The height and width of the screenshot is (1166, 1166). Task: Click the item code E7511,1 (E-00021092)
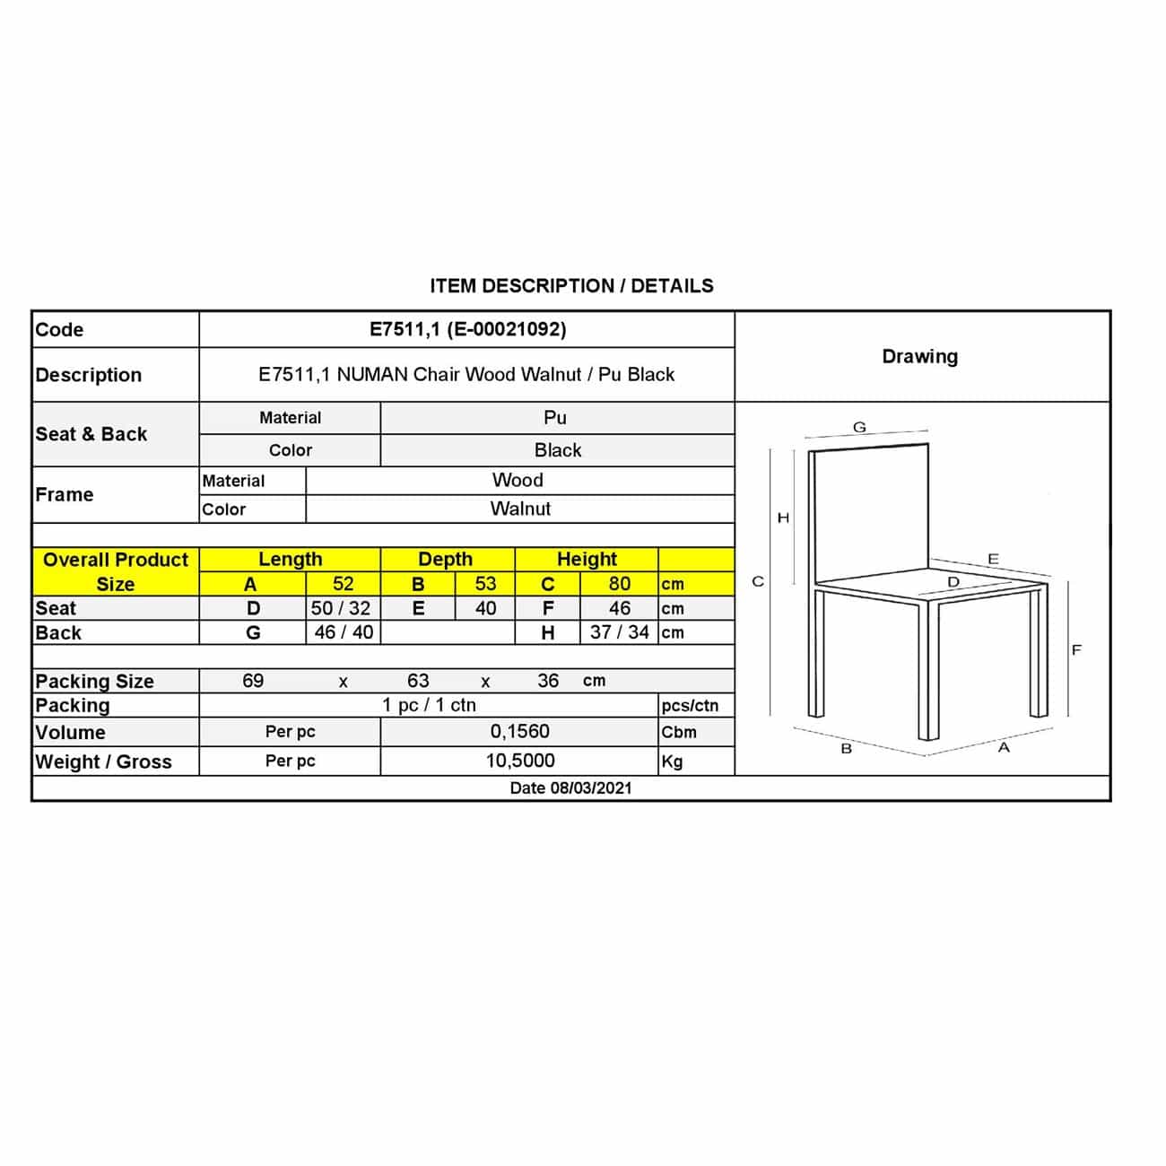click(x=467, y=329)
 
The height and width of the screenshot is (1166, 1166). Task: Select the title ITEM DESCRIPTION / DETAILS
click(x=571, y=286)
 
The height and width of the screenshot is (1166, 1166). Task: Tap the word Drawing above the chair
click(x=919, y=356)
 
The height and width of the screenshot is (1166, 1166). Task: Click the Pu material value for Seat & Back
click(x=555, y=418)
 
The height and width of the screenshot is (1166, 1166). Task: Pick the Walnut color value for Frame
click(x=520, y=509)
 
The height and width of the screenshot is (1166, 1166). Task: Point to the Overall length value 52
click(x=343, y=584)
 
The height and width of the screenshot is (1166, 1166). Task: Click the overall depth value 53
click(x=485, y=584)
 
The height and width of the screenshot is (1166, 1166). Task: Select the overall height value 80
click(x=619, y=584)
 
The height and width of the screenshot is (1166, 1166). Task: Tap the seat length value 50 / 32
click(x=341, y=608)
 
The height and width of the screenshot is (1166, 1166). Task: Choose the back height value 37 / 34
click(x=619, y=632)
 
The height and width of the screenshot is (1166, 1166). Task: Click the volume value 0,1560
click(x=519, y=732)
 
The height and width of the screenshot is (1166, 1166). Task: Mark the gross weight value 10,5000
click(x=520, y=761)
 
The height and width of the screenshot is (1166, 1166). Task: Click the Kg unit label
click(x=672, y=761)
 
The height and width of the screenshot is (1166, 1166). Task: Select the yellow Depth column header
click(x=445, y=560)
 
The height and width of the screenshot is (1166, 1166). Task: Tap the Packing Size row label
click(x=94, y=681)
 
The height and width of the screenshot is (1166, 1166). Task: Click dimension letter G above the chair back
click(x=859, y=428)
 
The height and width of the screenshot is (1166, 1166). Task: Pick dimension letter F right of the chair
click(x=1076, y=650)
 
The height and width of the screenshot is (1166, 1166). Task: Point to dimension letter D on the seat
click(x=953, y=582)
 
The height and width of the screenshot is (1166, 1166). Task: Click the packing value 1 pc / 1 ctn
click(x=429, y=705)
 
